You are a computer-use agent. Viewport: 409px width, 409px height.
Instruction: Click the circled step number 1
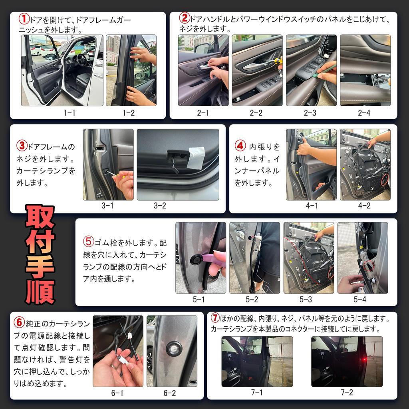coord(24,19)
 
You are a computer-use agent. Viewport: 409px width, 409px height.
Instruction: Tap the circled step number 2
coord(184,18)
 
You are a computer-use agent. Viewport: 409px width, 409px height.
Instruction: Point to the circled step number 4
coord(240,146)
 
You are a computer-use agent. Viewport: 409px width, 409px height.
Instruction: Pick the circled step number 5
coord(88,242)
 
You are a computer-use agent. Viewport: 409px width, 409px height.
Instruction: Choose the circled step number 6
coord(19,322)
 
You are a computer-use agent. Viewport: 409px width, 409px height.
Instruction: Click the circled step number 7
coord(215,318)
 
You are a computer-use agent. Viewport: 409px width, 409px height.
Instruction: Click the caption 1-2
coord(129,113)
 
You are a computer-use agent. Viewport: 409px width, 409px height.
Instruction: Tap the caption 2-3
coord(310,113)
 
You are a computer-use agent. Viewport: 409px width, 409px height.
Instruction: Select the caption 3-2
coord(160,206)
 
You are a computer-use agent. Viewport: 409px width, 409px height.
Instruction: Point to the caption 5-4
coord(359,299)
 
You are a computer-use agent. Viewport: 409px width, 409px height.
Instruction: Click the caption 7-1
coord(257,392)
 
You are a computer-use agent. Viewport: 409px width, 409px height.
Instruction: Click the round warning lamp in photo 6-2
coord(174,348)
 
